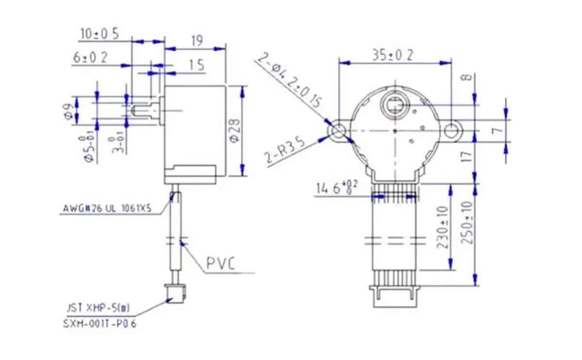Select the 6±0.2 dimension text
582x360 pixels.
coord(90,58)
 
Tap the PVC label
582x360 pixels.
coord(221,264)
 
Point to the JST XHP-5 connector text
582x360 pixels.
coord(97,308)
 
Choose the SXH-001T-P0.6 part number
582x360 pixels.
coord(100,324)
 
